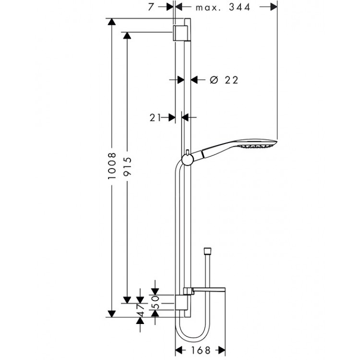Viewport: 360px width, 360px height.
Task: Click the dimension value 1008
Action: [x=111, y=166]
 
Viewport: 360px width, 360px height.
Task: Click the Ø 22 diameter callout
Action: [x=224, y=80]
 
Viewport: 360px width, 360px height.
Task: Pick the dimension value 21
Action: [x=156, y=116]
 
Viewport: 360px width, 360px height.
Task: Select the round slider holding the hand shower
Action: [x=186, y=159]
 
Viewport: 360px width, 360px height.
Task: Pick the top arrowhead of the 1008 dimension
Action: [x=111, y=22]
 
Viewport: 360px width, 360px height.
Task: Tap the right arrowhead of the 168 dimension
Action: [x=222, y=350]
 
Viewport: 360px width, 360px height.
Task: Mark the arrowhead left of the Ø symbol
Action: [x=195, y=80]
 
